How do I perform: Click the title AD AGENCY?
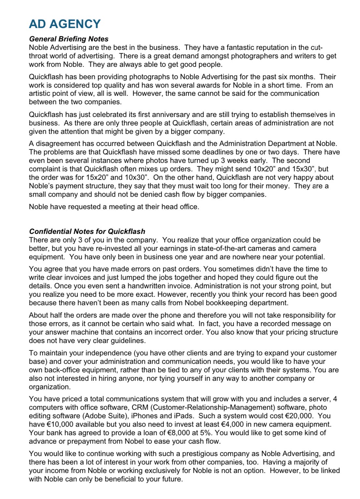tap(65, 24)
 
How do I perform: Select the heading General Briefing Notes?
tap(69, 39)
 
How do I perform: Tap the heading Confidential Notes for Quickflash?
tap(87, 231)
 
